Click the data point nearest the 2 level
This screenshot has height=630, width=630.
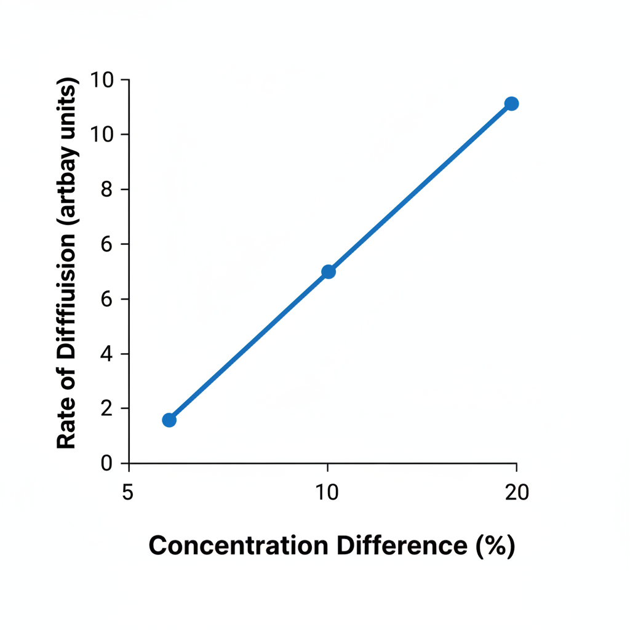(x=169, y=420)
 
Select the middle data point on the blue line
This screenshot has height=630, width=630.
(x=329, y=272)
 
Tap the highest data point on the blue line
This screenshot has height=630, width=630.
(x=511, y=103)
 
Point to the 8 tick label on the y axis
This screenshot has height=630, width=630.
(x=106, y=189)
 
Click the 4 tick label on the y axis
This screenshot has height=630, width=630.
(x=106, y=354)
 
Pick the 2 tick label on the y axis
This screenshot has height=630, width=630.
(x=106, y=409)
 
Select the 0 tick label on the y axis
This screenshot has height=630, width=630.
(x=106, y=463)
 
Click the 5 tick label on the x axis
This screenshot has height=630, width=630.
(x=128, y=493)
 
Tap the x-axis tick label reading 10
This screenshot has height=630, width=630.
(x=327, y=493)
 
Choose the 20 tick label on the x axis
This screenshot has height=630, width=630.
(x=517, y=493)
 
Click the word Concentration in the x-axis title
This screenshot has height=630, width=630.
(x=239, y=546)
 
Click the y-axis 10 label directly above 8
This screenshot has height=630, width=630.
(x=102, y=135)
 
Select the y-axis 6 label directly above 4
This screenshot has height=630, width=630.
(x=106, y=300)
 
